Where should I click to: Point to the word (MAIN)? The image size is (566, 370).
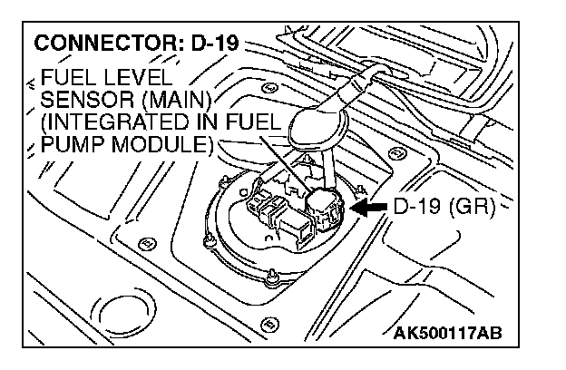tap(182, 98)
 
